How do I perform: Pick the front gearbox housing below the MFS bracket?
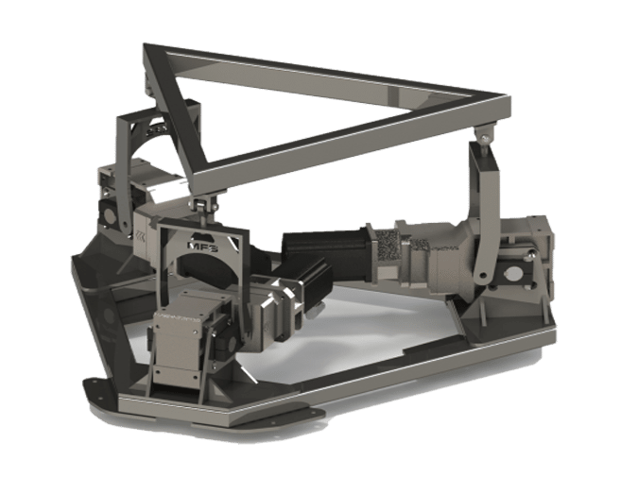[x=185, y=340]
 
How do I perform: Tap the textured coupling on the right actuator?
[x=388, y=247]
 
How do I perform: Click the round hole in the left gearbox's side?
[x=111, y=214]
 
